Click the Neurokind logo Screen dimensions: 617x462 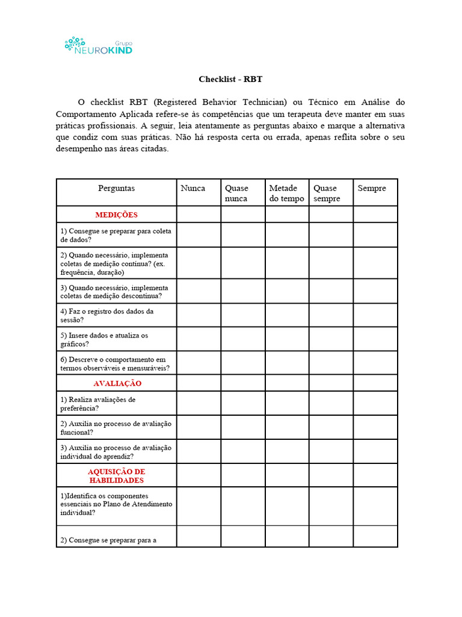pos(98,46)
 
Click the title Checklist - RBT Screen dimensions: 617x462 pos(230,79)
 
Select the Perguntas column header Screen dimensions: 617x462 pos(116,189)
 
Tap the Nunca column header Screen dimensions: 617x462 pos(192,189)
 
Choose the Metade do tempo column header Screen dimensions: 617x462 pos(286,193)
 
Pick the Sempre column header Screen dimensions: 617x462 pos(371,189)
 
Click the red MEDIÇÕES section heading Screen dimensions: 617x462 pos(116,215)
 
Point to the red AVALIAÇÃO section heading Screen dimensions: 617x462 pos(117,383)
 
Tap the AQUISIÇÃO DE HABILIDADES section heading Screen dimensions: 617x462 pos(116,475)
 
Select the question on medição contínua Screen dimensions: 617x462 pos(114,263)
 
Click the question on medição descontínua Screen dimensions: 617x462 pos(114,292)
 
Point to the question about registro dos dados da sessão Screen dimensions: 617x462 pos(106,315)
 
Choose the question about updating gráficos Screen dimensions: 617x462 pos(104,339)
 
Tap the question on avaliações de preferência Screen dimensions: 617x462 pos(97,404)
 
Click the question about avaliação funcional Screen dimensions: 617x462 pos(115,428)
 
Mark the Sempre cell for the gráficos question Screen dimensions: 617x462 pos(375,339)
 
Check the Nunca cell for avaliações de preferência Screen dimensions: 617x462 pos(199,403)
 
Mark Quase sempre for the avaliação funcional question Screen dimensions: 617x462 pos(331,427)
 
